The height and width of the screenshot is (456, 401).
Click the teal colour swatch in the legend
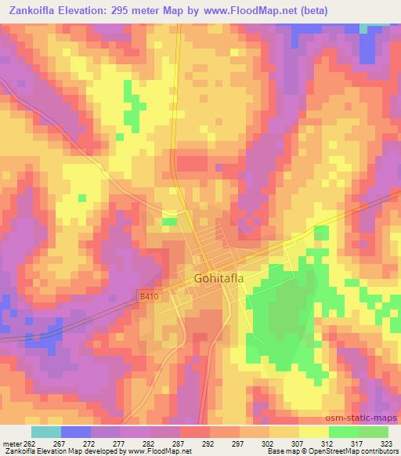[x=46, y=432]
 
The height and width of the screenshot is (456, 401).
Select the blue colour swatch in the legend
[x=76, y=432]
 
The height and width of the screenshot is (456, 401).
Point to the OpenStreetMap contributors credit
[x=359, y=452]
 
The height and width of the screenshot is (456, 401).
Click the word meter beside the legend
[x=11, y=442]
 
